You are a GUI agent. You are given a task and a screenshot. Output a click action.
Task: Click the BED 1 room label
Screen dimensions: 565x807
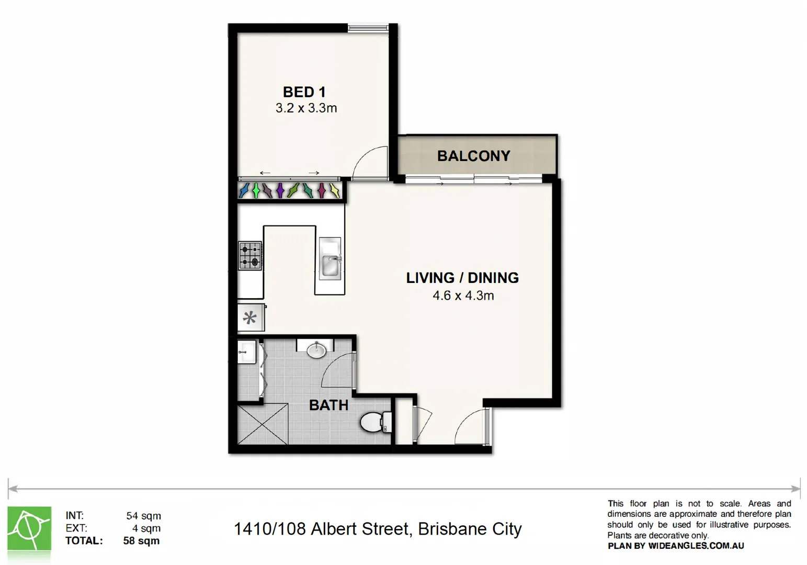point(304,92)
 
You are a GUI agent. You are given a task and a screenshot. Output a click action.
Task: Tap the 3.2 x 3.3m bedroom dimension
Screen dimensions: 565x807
point(306,108)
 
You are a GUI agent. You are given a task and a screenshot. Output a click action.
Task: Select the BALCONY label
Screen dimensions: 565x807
point(473,156)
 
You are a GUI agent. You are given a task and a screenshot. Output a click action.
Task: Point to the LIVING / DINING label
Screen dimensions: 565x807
point(462,278)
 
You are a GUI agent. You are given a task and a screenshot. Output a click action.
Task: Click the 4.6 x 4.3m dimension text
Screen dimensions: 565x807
point(463,296)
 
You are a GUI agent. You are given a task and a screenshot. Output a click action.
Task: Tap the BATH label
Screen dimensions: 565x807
point(328,405)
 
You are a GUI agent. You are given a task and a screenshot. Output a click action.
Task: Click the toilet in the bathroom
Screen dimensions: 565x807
point(376,422)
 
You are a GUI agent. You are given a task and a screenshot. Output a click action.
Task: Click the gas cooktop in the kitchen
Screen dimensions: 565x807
point(250,255)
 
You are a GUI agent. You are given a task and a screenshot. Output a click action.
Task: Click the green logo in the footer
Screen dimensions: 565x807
point(29,528)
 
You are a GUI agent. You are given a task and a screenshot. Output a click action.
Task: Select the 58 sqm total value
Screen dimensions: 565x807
point(141,541)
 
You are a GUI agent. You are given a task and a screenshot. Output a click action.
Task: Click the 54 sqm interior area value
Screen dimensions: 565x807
point(143,516)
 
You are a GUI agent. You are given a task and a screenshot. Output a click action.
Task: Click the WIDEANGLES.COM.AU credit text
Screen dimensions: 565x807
point(696,546)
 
